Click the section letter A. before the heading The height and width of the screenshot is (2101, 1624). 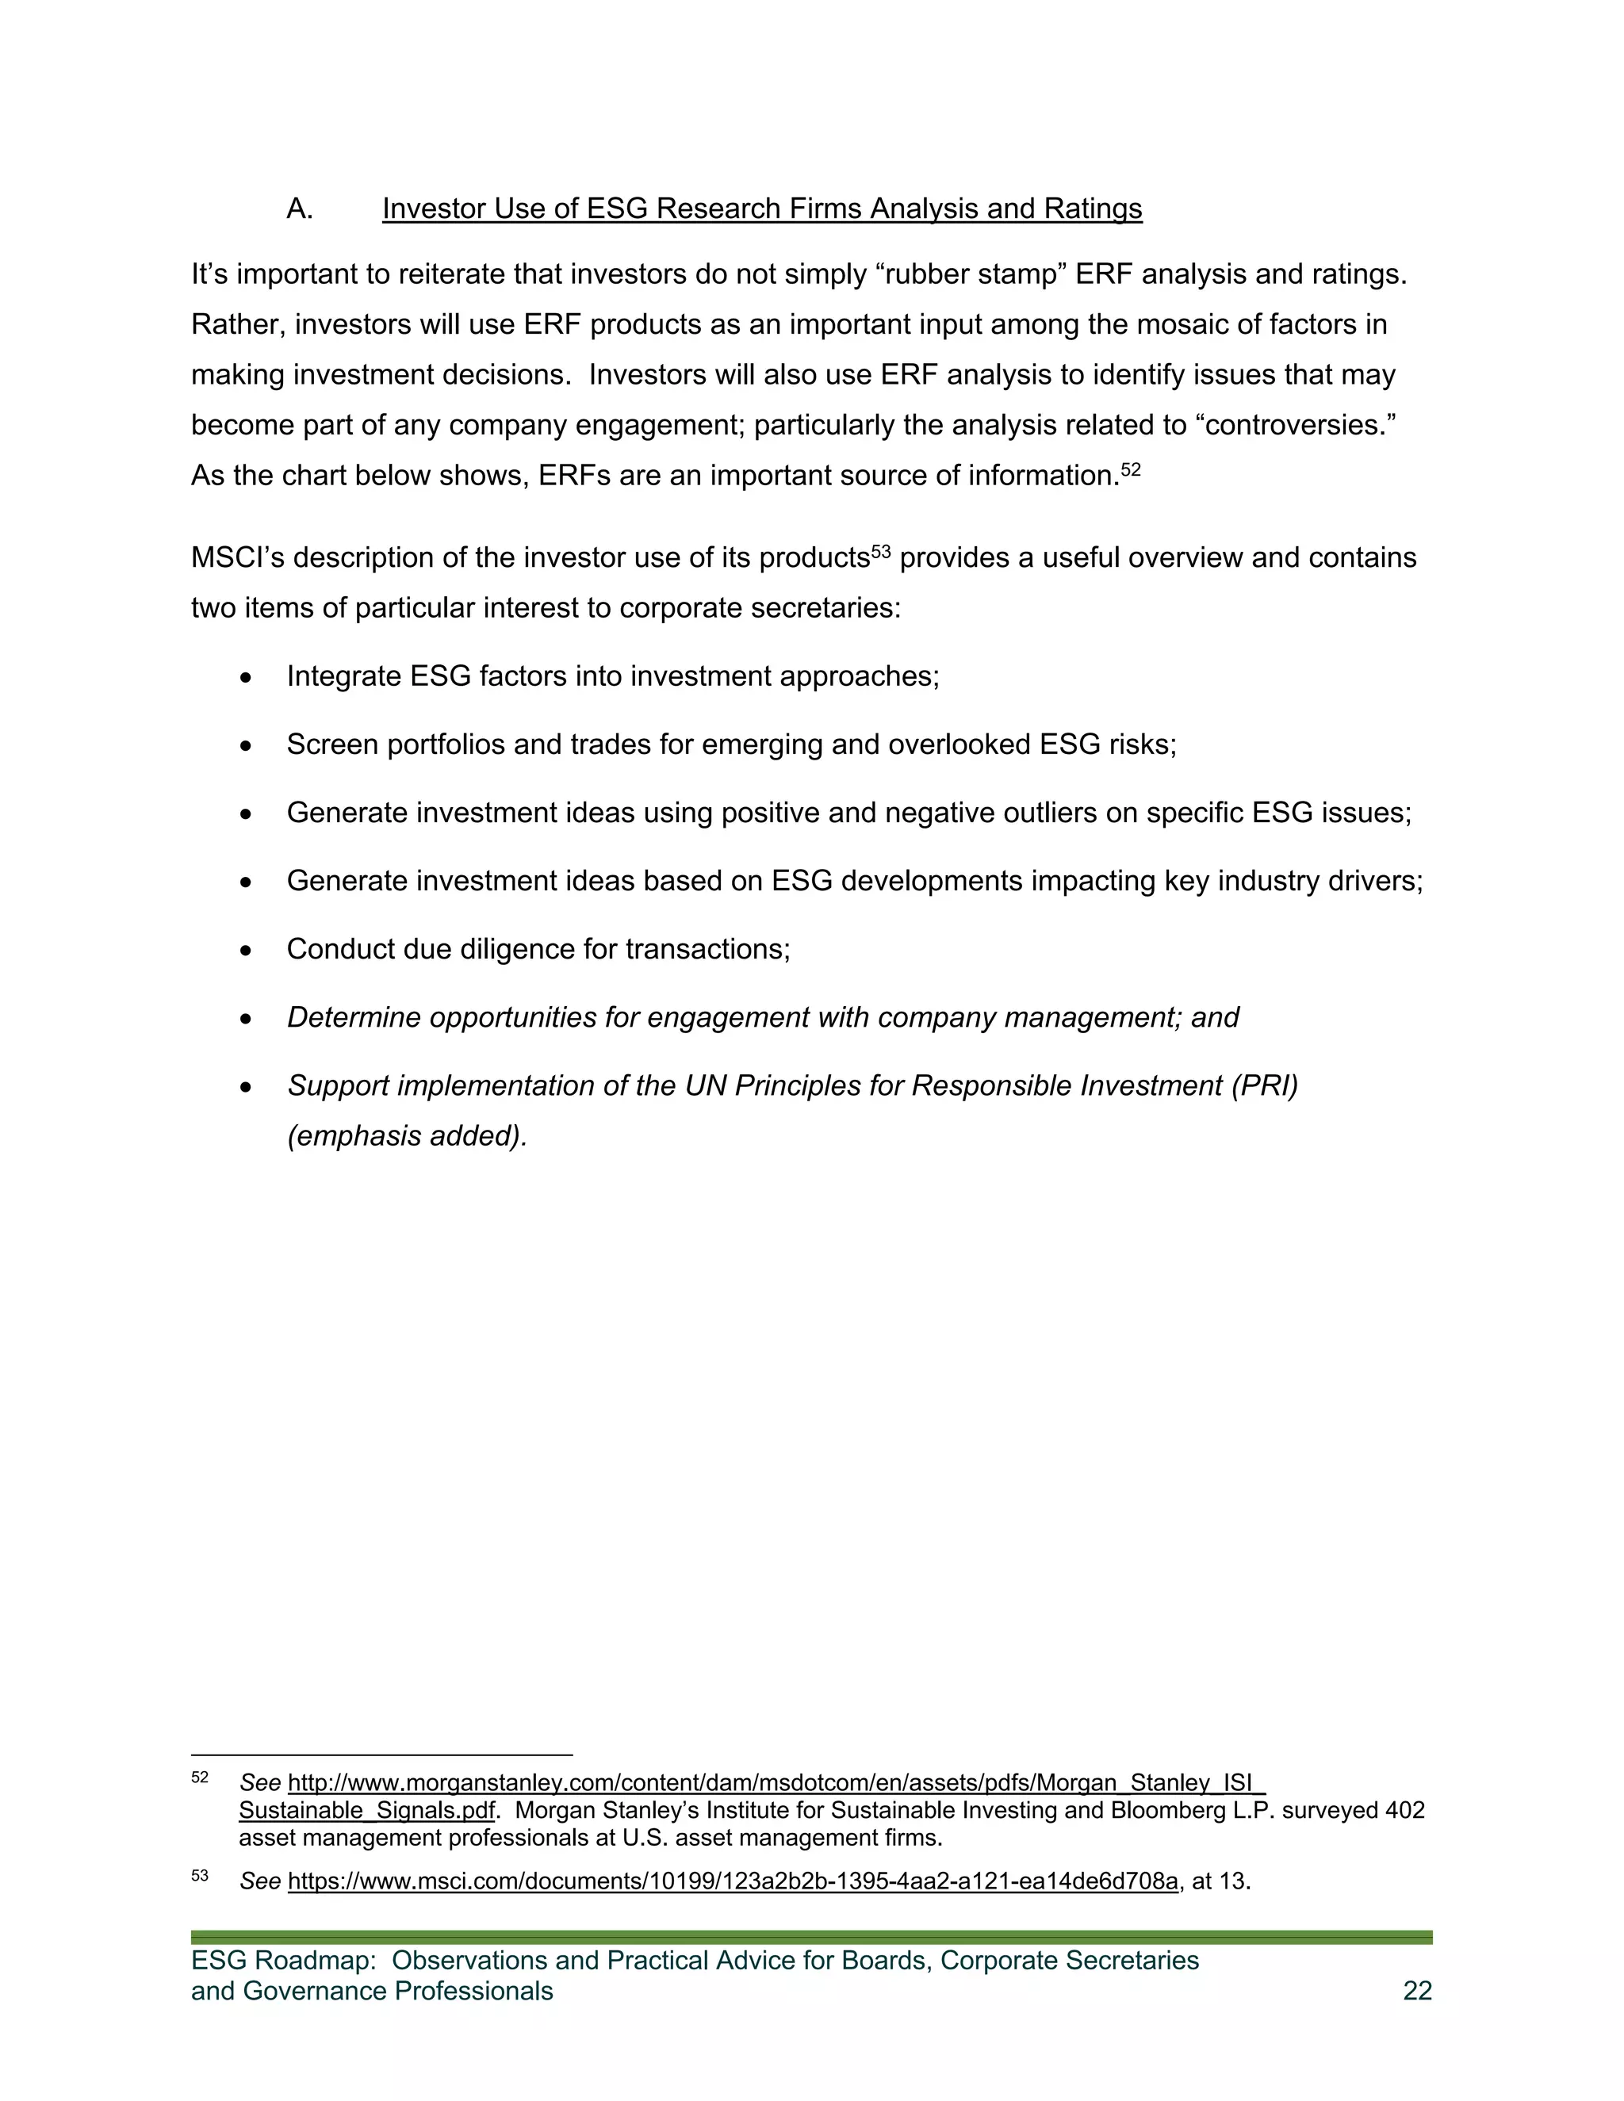[x=299, y=209]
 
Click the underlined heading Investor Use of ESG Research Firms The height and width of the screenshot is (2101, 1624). [x=761, y=209]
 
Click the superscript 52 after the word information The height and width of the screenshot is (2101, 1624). [x=1131, y=469]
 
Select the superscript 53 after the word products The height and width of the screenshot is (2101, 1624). [x=880, y=552]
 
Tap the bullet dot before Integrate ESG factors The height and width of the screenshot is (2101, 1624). [x=247, y=678]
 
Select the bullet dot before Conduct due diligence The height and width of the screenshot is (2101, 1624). [x=247, y=951]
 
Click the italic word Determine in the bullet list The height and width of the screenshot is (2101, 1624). [x=353, y=1018]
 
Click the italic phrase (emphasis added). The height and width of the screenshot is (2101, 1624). [x=407, y=1136]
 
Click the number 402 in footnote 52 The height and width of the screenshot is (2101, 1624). [x=1404, y=1811]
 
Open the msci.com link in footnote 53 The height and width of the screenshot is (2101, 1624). [x=732, y=1881]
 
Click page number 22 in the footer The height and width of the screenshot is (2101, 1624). [x=1417, y=1992]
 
